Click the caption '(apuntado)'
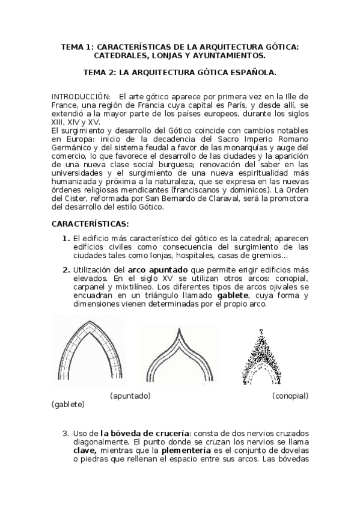point(130,396)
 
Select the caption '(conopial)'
point(290,396)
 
